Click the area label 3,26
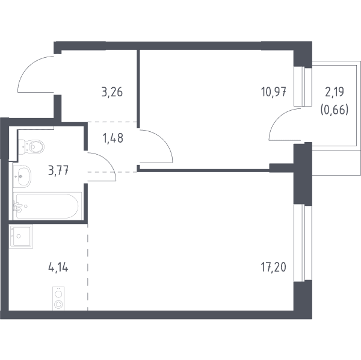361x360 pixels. coord(112,92)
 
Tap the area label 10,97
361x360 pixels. coord(274,92)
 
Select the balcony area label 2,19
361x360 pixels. coord(335,92)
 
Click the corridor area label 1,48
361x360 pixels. coord(113,138)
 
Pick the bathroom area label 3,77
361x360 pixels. coord(58,171)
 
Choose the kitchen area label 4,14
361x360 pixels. coord(58,267)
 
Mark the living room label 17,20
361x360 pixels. coord(274,267)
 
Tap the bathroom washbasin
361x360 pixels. coord(22,176)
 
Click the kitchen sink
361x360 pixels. coord(21,237)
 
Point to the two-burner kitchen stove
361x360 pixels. coord(58,299)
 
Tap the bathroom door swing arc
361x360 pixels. coord(107,161)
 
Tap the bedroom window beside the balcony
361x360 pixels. coord(303,87)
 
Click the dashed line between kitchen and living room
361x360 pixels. coord(88,267)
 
